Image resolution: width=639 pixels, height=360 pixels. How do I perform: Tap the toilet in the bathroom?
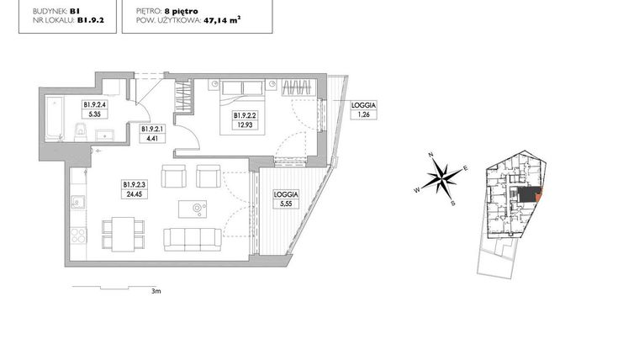click(x=78, y=130)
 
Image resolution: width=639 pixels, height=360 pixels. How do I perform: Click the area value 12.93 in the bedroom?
click(x=243, y=124)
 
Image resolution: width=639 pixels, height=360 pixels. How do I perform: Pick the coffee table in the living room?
click(x=198, y=208)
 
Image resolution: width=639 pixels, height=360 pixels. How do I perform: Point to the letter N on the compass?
click(x=430, y=156)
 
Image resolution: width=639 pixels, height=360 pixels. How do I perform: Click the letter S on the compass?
click(x=454, y=203)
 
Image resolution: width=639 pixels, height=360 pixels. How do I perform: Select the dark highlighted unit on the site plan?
click(x=528, y=194)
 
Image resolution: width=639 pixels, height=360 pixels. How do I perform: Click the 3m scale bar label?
click(x=156, y=292)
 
